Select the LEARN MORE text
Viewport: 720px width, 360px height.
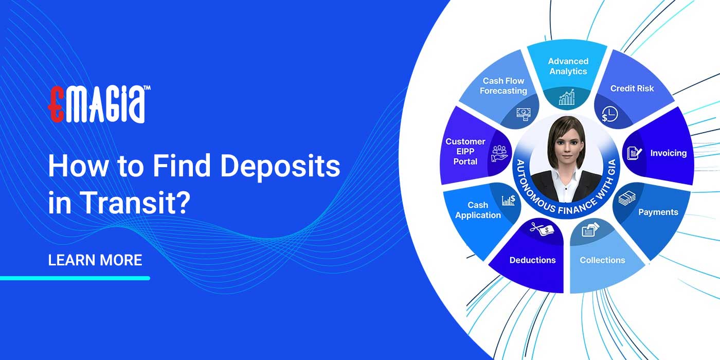(x=95, y=260)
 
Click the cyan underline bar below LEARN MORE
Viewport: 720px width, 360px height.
(x=75, y=278)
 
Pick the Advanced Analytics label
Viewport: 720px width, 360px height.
(x=568, y=66)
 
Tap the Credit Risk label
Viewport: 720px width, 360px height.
(x=632, y=88)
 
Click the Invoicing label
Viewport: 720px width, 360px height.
(x=668, y=153)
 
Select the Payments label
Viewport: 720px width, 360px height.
(x=658, y=212)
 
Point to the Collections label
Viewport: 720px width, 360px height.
(x=602, y=260)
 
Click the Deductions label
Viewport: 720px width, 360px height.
(x=532, y=260)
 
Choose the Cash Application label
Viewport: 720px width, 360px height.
(x=478, y=210)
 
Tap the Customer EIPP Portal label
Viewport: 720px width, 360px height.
(x=465, y=151)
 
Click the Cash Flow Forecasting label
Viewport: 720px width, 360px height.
(x=503, y=86)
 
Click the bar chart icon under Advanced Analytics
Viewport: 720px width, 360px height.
(x=567, y=97)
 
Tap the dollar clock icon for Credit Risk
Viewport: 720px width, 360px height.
(x=610, y=114)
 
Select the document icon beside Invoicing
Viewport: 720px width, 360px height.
(x=633, y=153)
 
